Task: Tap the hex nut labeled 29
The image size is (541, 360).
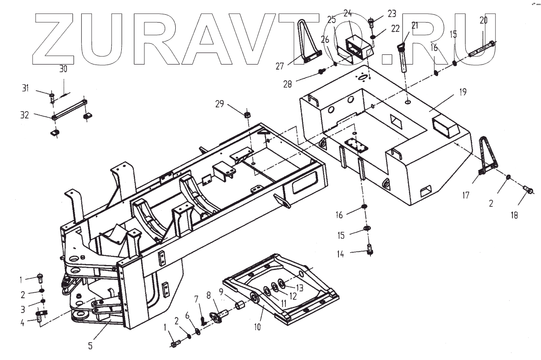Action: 247,114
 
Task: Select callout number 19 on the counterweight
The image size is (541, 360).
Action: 463,92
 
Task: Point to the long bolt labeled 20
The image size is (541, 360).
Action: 482,48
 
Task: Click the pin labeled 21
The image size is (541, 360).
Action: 403,55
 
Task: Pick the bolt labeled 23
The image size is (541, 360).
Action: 372,22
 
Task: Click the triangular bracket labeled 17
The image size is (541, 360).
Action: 484,157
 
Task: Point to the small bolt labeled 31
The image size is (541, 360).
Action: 52,97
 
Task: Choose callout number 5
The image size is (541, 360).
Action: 90,343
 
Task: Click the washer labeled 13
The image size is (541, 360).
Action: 282,282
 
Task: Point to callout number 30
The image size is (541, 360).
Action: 63,69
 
